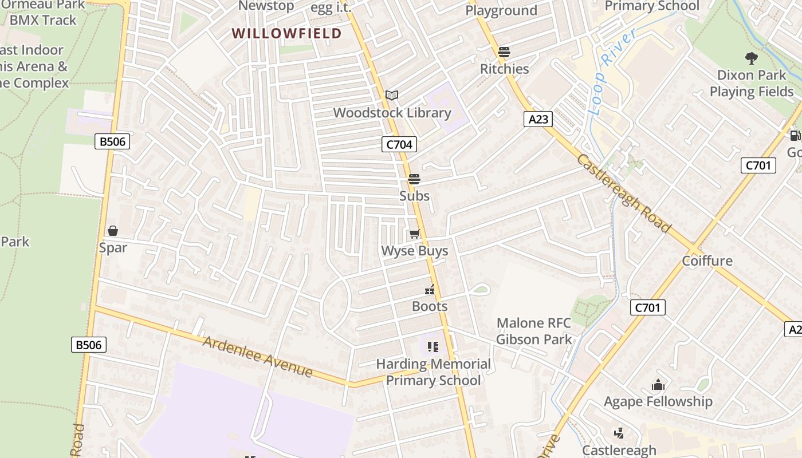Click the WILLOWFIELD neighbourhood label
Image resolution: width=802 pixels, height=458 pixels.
286,33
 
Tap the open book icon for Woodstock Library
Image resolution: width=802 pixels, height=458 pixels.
392,95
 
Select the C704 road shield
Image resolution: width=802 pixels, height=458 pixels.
399,144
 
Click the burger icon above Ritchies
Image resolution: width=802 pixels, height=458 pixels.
504,52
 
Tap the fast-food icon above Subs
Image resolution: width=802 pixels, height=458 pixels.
414,179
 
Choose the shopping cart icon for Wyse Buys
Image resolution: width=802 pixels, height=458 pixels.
415,234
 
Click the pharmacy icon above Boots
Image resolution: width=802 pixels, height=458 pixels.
430,290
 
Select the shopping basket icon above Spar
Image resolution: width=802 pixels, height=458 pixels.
113,231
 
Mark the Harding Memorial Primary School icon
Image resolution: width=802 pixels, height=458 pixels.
433,346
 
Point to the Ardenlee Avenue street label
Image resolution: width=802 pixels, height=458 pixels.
258,357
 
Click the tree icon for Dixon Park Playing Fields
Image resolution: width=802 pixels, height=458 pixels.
751,58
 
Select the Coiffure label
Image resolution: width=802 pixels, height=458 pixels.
707,261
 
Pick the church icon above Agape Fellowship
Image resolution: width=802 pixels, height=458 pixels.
658,385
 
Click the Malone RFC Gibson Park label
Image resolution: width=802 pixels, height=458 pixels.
534,331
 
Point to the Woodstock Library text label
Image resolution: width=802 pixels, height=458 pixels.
392,113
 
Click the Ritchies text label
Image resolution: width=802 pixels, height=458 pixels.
505,69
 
